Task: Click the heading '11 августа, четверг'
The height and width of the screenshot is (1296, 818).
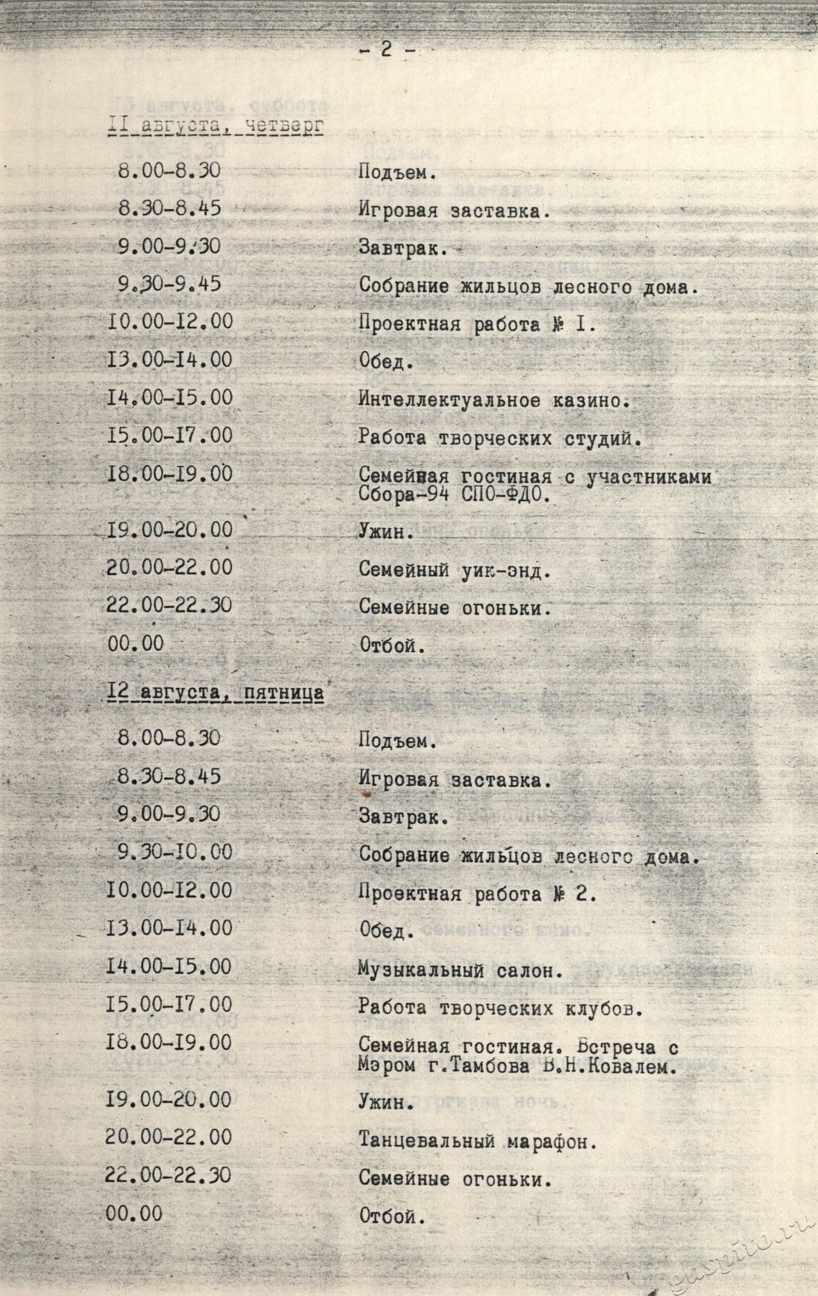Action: coord(215,128)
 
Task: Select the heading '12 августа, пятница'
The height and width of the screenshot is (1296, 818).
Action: coord(215,693)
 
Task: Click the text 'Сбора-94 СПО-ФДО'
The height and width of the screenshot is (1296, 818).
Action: coord(455,494)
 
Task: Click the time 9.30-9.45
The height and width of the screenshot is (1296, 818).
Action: coord(170,284)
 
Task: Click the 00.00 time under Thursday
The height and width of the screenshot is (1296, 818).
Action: coord(135,642)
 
